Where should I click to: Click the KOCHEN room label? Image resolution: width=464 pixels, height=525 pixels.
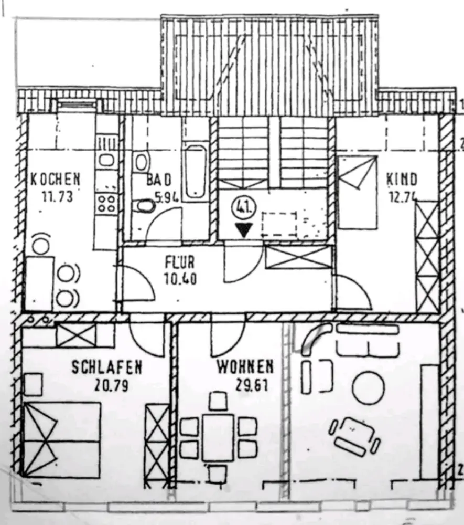point(55,180)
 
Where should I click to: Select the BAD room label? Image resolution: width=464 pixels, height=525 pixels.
point(159,180)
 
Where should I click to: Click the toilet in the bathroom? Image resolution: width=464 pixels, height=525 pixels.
point(143,207)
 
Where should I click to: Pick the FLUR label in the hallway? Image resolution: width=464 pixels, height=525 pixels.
point(179,261)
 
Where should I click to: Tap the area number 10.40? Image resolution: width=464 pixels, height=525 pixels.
point(180,279)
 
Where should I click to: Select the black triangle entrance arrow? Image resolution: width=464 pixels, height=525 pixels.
point(243,229)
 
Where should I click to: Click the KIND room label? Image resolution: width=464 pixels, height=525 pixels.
point(402,180)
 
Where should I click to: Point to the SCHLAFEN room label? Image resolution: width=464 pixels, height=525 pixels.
point(106,366)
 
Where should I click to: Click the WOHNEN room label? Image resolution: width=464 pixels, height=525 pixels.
point(245,366)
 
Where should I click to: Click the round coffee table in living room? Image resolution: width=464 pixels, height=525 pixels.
point(368,387)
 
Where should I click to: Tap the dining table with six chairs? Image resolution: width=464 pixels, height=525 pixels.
point(218,437)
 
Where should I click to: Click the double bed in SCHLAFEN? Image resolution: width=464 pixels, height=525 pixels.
point(62,440)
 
